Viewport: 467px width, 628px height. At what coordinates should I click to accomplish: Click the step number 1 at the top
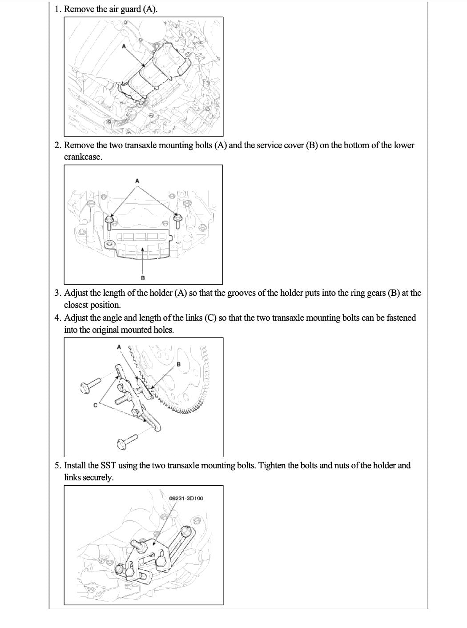[x=57, y=9]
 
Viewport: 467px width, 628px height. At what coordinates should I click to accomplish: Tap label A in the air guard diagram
[x=124, y=46]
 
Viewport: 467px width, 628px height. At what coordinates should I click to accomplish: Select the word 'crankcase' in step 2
[x=83, y=157]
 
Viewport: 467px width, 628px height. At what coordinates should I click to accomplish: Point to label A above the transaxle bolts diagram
[x=137, y=181]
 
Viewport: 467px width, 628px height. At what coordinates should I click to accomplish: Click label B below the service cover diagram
[x=142, y=278]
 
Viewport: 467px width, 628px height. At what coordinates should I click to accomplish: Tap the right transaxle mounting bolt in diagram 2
[x=177, y=219]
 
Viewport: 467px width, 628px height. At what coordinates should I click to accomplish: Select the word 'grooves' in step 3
[x=241, y=293]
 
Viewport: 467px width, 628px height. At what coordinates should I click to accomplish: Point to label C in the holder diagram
[x=95, y=405]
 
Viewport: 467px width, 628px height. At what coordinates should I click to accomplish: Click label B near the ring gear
[x=179, y=364]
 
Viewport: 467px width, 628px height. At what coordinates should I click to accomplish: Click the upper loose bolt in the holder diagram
[x=90, y=385]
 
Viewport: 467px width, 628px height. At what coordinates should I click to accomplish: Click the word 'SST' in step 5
[x=108, y=466]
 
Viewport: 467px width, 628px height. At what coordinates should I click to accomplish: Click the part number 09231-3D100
[x=186, y=498]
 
